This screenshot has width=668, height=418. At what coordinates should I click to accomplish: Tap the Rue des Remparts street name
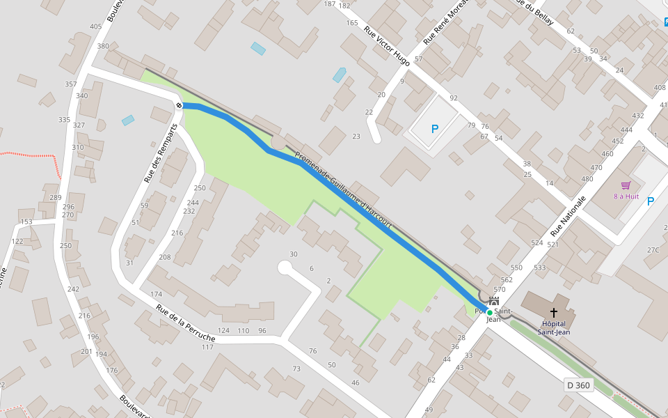[161, 153]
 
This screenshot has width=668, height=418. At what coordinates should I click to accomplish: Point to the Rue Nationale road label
[568, 216]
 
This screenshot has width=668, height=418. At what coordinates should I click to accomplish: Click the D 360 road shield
[578, 385]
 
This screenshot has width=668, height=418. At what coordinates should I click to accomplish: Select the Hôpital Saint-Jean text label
[554, 327]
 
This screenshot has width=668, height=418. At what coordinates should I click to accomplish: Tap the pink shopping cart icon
[626, 186]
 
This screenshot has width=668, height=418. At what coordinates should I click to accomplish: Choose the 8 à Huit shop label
[626, 196]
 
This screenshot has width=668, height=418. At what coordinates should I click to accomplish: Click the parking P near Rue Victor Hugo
[435, 129]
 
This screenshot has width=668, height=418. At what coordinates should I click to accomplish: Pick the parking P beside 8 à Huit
[651, 201]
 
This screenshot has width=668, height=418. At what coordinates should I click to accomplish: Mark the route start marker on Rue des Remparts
[180, 105]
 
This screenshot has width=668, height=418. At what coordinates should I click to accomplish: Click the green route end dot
[489, 312]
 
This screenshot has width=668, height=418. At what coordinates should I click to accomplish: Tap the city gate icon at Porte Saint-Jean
[494, 302]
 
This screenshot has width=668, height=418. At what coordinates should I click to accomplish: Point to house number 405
[95, 27]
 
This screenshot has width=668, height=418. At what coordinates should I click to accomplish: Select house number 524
[536, 243]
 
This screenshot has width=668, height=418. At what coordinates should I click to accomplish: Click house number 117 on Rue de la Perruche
[207, 347]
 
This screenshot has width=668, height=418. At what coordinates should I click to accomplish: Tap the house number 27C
[653, 250]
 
